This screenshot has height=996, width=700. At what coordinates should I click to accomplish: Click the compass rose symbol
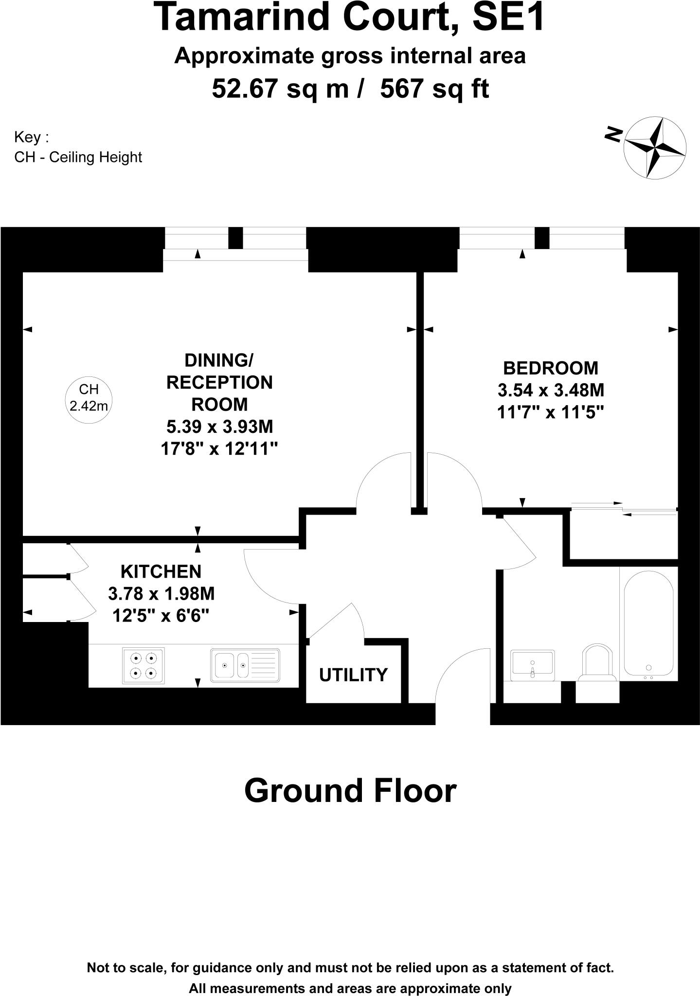pyautogui.click(x=655, y=147)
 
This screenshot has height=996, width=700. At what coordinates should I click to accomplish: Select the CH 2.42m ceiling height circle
pyautogui.click(x=89, y=397)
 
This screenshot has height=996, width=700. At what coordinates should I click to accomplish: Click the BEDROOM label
pyautogui.click(x=550, y=368)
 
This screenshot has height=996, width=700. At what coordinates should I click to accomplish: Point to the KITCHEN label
pyautogui.click(x=161, y=571)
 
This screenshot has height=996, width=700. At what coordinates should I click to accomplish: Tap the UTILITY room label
pyautogui.click(x=353, y=675)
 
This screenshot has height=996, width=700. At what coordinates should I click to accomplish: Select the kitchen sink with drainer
pyautogui.click(x=245, y=665)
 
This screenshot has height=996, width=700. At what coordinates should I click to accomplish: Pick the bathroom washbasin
pyautogui.click(x=532, y=665)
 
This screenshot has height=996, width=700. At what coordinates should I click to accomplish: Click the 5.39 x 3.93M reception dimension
pyautogui.click(x=219, y=427)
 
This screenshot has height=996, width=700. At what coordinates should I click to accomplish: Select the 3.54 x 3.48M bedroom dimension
pyautogui.click(x=551, y=390)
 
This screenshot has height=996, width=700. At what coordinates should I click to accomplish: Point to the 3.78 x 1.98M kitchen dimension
pyautogui.click(x=161, y=594)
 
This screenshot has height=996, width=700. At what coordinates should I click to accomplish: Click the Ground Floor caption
pyautogui.click(x=350, y=791)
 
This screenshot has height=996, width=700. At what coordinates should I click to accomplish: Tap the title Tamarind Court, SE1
pyautogui.click(x=350, y=18)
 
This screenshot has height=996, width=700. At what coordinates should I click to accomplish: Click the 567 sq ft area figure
pyautogui.click(x=434, y=89)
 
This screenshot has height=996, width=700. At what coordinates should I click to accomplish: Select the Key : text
pyautogui.click(x=32, y=137)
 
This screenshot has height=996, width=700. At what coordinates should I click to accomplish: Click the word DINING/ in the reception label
pyautogui.click(x=219, y=360)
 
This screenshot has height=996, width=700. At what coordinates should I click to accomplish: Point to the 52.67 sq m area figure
pyautogui.click(x=280, y=89)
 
